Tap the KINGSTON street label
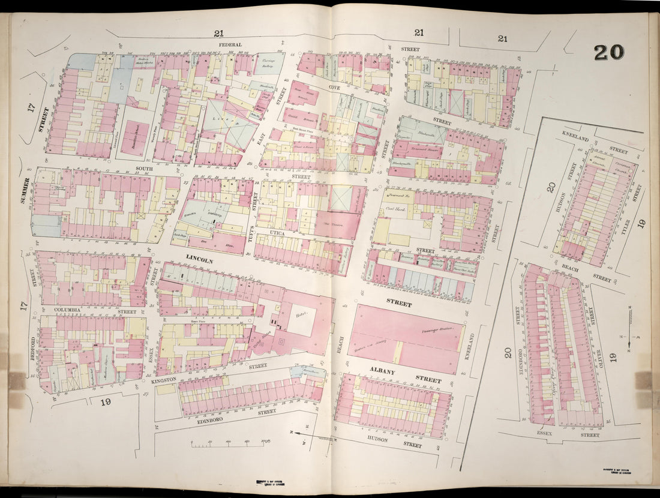(x=164, y=380)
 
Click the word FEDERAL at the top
(x=230, y=44)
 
